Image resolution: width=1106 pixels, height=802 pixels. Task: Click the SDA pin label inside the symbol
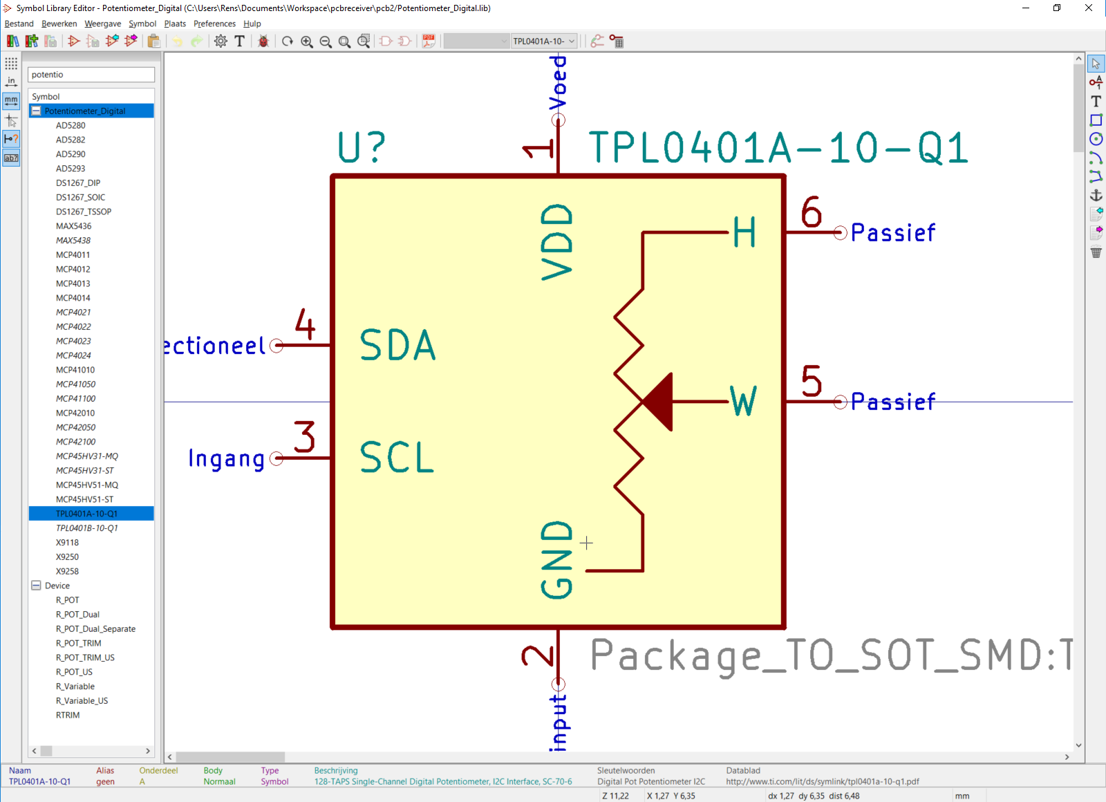pyautogui.click(x=397, y=345)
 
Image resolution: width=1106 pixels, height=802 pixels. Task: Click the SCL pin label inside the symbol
pyautogui.click(x=397, y=458)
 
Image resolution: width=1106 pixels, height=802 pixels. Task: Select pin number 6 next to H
pyautogui.click(x=811, y=212)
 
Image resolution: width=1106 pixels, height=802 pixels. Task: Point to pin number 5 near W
pyautogui.click(x=811, y=381)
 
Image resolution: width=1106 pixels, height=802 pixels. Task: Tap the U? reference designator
pyautogui.click(x=361, y=147)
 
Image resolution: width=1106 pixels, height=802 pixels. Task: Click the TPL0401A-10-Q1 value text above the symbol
pyautogui.click(x=778, y=148)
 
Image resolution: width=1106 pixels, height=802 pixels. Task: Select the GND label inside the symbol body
pyautogui.click(x=557, y=559)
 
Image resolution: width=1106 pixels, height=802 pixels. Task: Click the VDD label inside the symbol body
pyautogui.click(x=557, y=242)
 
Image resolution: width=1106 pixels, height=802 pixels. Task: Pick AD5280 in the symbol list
pyautogui.click(x=71, y=125)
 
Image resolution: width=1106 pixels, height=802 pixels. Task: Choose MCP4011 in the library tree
pyautogui.click(x=73, y=255)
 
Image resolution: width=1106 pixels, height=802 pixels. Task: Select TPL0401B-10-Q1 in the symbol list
pyautogui.click(x=86, y=528)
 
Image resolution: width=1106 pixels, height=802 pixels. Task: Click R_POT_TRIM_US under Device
pyautogui.click(x=85, y=658)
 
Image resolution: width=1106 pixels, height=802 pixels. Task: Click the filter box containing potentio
pyautogui.click(x=91, y=75)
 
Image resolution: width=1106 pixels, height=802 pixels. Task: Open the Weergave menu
pyautogui.click(x=102, y=24)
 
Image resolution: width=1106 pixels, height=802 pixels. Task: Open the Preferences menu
pyautogui.click(x=214, y=24)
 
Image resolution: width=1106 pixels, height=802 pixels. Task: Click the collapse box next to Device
pyautogui.click(x=36, y=586)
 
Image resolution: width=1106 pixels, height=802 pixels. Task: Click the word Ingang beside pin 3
pyautogui.click(x=227, y=459)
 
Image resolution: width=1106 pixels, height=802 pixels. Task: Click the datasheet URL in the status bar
pyautogui.click(x=822, y=782)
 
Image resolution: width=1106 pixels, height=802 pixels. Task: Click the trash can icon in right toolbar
pyautogui.click(x=1096, y=252)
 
